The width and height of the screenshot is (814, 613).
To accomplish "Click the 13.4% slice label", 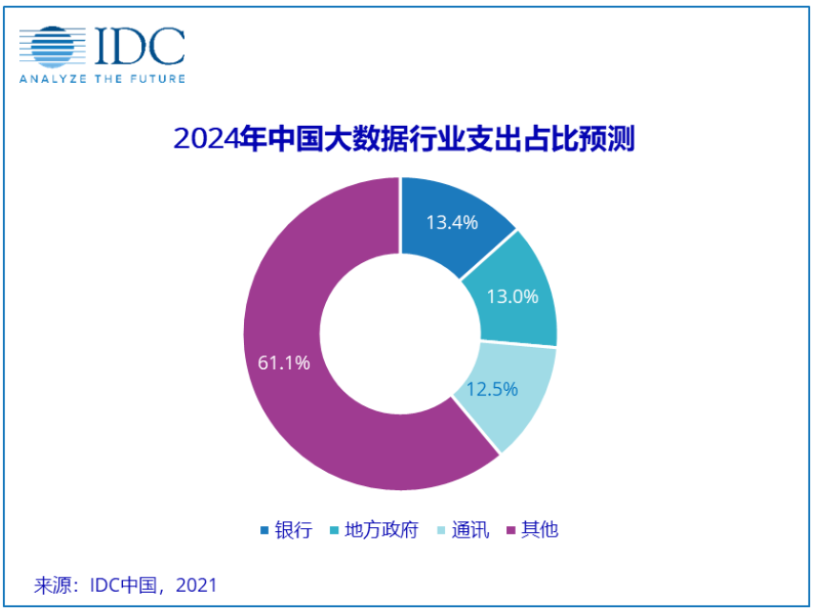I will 452,222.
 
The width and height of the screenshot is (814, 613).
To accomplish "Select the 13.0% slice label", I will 512,296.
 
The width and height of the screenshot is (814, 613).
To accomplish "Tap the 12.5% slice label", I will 491,389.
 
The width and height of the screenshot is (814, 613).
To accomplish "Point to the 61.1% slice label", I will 283,362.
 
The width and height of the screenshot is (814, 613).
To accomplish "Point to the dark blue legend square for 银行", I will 264,531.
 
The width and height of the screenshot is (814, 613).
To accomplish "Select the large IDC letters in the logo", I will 139,46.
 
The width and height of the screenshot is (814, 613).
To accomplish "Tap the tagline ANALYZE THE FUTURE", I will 102,78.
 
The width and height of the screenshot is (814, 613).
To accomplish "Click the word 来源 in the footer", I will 53,583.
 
